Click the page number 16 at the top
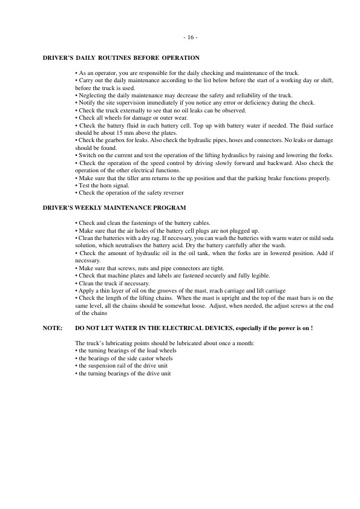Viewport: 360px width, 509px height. point(189,37)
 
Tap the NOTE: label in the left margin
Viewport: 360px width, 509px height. point(53,327)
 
